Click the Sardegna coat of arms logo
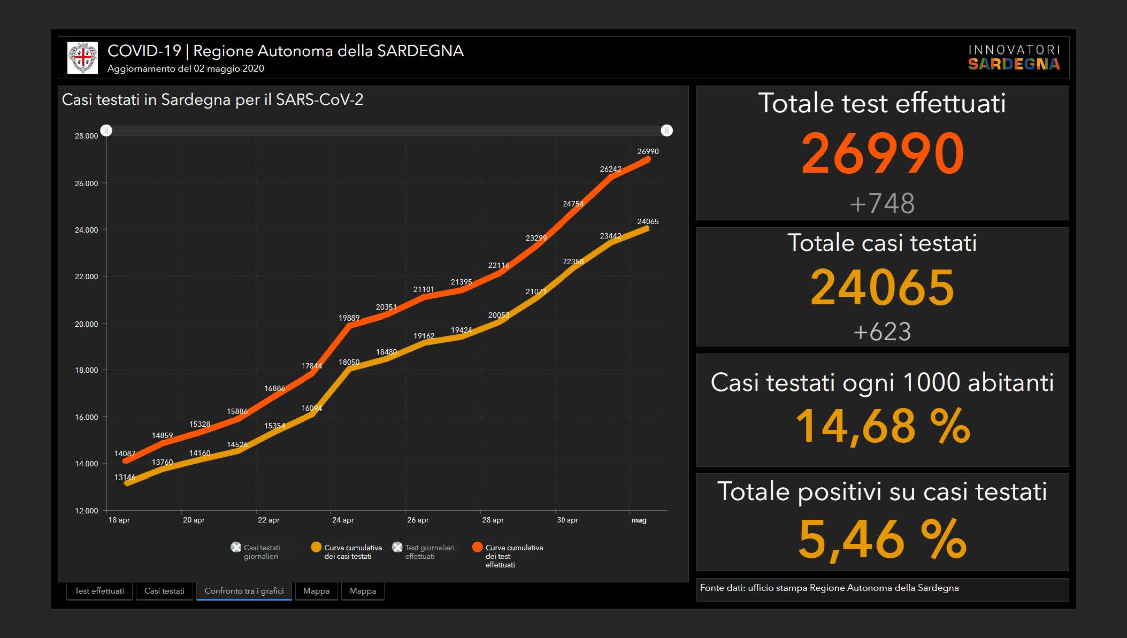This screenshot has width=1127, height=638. click(x=83, y=58)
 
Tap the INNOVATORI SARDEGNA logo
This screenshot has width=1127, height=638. click(x=1014, y=58)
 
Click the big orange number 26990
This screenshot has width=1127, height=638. click(x=883, y=154)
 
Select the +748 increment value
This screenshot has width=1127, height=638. click(x=883, y=204)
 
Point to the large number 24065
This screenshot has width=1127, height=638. click(x=883, y=288)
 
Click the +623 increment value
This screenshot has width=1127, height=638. click(x=883, y=332)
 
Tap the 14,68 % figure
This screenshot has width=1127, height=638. click(x=883, y=427)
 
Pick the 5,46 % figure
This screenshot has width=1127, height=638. click(x=883, y=539)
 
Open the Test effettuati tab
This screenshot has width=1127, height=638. click(x=99, y=591)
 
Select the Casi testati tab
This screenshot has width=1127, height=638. click(x=164, y=591)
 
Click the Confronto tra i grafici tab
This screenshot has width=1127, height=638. click(x=244, y=591)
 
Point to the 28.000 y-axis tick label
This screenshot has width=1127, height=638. click(x=87, y=136)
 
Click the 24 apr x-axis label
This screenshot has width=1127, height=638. click(x=343, y=520)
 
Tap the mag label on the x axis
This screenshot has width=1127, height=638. click(x=639, y=520)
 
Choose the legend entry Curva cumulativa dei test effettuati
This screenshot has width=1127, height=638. click(x=508, y=556)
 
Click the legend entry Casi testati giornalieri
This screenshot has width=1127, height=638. click(x=257, y=552)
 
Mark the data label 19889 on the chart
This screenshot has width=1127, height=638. click(x=349, y=318)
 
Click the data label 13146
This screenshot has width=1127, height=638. click(x=125, y=478)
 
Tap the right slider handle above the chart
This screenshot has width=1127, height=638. click(x=666, y=130)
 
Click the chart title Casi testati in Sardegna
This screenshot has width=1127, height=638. click(x=212, y=100)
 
